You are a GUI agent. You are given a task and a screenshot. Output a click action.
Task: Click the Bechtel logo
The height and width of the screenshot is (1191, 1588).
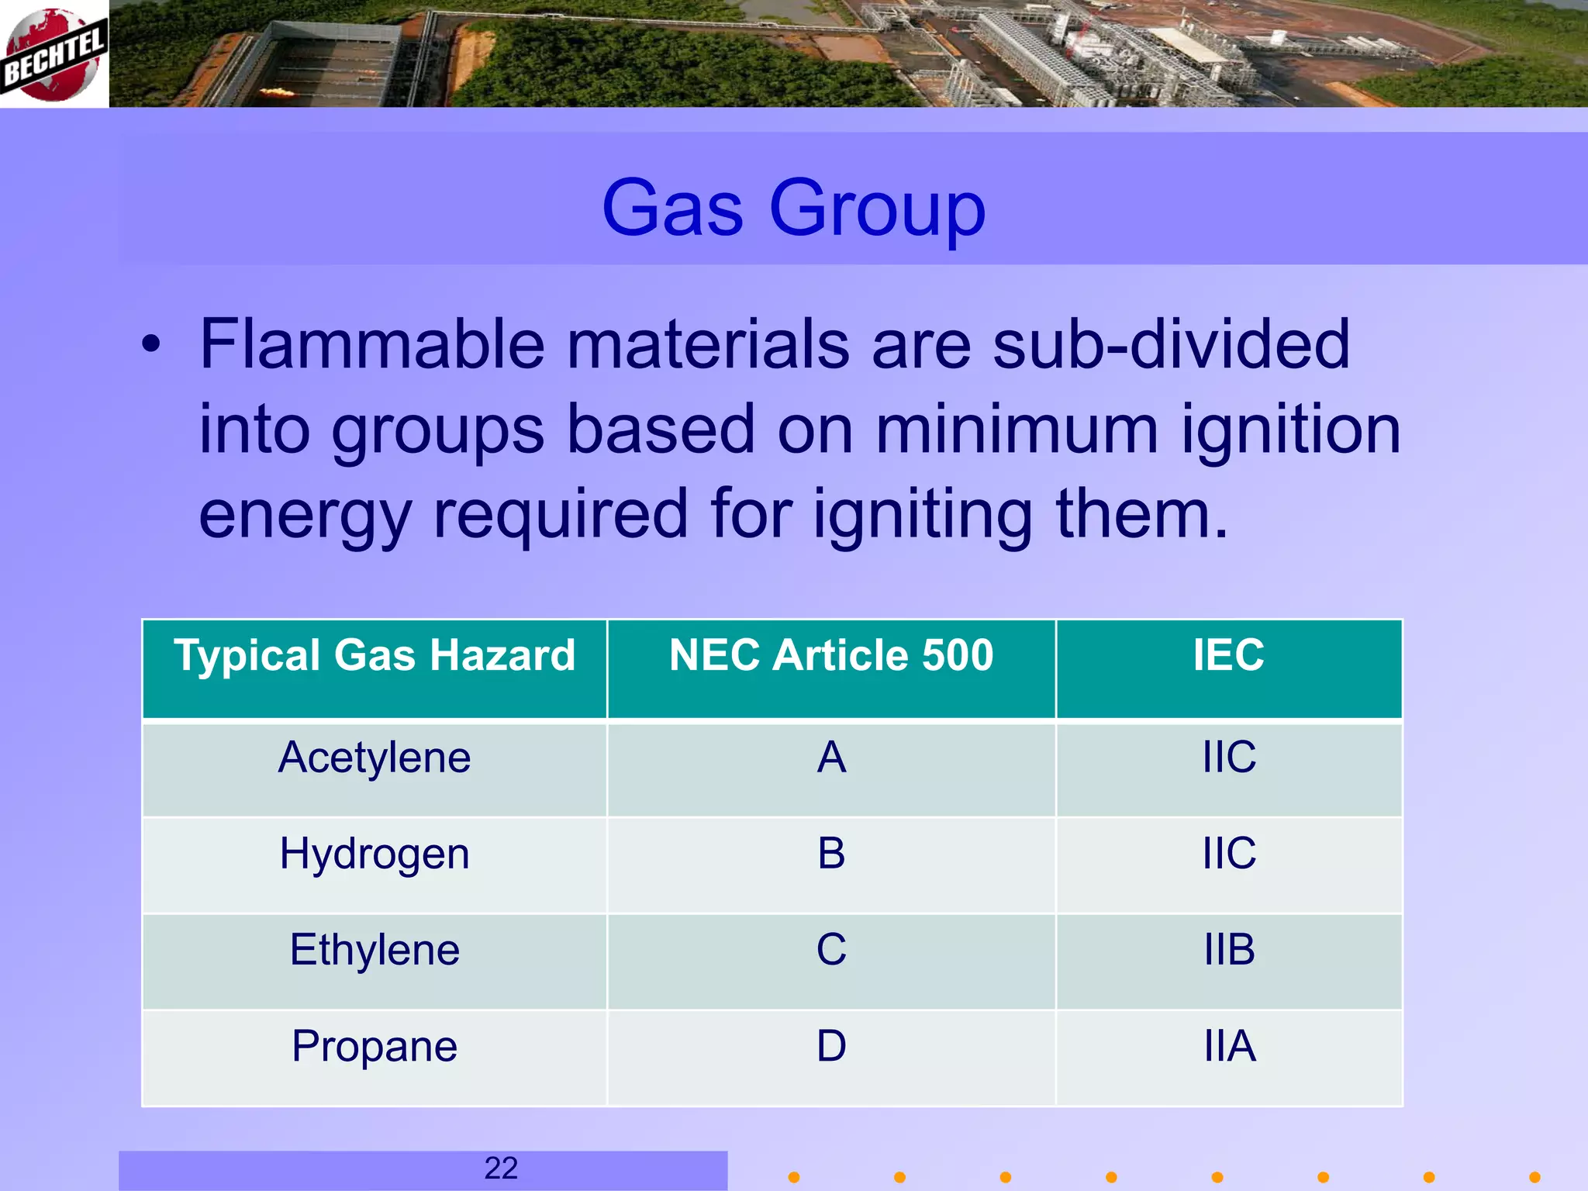pyautogui.click(x=54, y=54)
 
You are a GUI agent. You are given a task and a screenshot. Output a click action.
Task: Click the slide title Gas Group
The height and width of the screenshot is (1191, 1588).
pyautogui.click(x=793, y=208)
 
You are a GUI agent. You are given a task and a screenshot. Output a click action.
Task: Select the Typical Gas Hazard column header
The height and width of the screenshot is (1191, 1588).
pyautogui.click(x=375, y=655)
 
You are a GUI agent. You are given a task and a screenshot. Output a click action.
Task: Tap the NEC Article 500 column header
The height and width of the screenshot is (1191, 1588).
pyautogui.click(x=831, y=655)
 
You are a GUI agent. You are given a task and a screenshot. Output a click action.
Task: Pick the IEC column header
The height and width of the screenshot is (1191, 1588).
pyautogui.click(x=1228, y=655)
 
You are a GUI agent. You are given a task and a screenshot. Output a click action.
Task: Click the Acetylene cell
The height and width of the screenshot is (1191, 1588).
pyautogui.click(x=375, y=758)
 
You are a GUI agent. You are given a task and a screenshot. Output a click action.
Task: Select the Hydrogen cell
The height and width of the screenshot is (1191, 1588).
pyautogui.click(x=375, y=854)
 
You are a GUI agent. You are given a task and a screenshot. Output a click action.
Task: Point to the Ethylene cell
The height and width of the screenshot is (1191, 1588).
pyautogui.click(x=375, y=950)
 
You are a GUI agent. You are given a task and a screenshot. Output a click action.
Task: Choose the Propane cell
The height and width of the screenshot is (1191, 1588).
pyautogui.click(x=375, y=1046)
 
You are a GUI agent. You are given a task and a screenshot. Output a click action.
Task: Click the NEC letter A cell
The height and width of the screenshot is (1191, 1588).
pyautogui.click(x=831, y=758)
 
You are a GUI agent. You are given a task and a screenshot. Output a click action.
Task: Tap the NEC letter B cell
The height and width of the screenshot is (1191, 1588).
pyautogui.click(x=831, y=854)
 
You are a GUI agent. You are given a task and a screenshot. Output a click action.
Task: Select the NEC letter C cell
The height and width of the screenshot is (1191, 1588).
pyautogui.click(x=831, y=950)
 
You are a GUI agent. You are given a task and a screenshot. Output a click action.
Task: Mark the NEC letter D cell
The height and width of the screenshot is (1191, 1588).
pyautogui.click(x=831, y=1046)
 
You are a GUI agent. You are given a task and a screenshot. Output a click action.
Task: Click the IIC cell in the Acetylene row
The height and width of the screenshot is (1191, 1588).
pyautogui.click(x=1229, y=758)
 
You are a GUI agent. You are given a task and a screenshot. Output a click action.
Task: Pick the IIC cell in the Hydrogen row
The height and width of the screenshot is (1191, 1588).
pyautogui.click(x=1229, y=854)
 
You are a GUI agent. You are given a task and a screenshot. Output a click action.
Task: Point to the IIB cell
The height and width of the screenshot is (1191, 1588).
pyautogui.click(x=1229, y=950)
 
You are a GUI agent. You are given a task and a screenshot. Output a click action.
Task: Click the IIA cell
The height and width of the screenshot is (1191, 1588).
pyautogui.click(x=1229, y=1046)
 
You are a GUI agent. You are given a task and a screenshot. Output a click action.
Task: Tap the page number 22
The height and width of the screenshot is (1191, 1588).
pyautogui.click(x=501, y=1169)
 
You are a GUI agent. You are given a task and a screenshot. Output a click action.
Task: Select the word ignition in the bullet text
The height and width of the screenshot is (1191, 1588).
pyautogui.click(x=1291, y=430)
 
